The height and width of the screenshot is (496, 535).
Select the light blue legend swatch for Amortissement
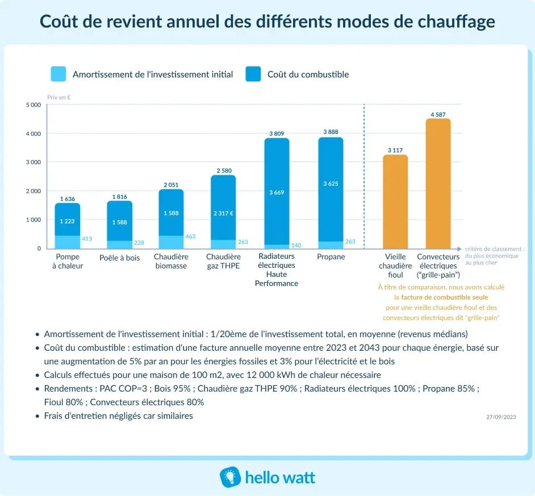[x=58, y=74]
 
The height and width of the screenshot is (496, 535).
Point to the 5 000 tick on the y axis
[x=34, y=105]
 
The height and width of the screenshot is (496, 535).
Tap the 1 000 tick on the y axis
[x=34, y=220]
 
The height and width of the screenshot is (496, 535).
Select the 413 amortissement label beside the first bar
[x=87, y=239]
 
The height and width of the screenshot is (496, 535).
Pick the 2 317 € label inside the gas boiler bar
[x=223, y=213]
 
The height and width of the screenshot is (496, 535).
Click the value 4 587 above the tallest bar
[x=438, y=115]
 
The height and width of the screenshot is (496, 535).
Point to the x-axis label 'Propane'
[x=331, y=257]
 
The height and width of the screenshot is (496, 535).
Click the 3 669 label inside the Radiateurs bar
[x=277, y=193]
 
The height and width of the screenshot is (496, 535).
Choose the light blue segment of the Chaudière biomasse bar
[x=171, y=242]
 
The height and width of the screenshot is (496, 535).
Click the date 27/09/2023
[x=501, y=417]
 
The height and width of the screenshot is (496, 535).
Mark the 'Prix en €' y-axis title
[x=58, y=97]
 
